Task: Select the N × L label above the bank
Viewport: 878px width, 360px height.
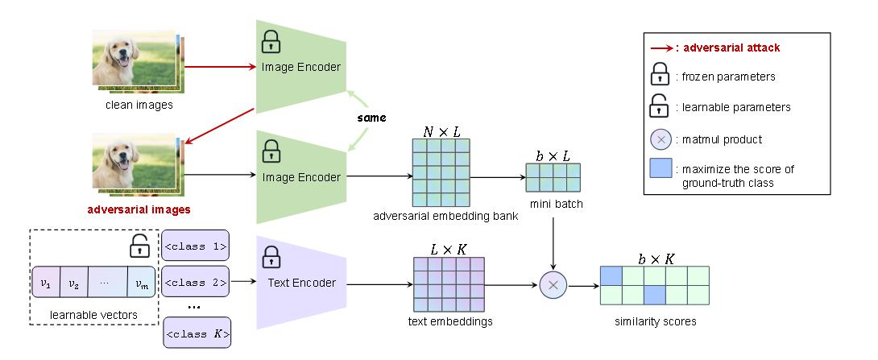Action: click(x=441, y=131)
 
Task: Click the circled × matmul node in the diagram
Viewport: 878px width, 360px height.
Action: click(x=553, y=283)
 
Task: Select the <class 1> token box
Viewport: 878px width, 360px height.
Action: click(x=195, y=246)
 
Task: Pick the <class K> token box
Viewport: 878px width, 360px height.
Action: click(x=195, y=333)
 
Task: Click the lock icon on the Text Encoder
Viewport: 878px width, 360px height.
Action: click(x=271, y=258)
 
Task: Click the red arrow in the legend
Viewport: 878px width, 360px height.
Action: click(x=657, y=48)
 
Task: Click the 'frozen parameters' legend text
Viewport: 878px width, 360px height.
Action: click(x=717, y=78)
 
